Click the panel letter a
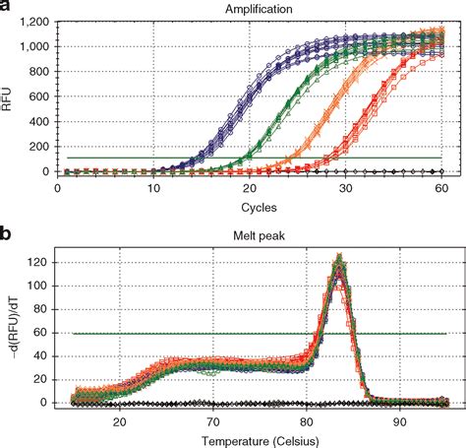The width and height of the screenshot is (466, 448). [8, 8]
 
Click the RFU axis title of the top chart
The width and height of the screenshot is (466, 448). [9, 96]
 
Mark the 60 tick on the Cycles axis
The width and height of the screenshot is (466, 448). [441, 187]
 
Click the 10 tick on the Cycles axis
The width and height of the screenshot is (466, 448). [154, 187]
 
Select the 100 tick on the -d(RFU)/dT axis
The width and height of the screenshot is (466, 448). [42, 288]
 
